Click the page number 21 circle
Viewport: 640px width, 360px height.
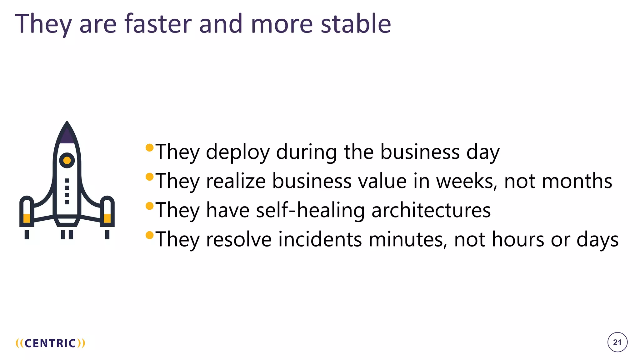[x=617, y=342]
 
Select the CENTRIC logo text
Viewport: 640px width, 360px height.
[x=50, y=343]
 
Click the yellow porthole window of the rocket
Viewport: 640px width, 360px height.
[x=67, y=160]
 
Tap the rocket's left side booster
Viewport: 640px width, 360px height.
[x=27, y=212]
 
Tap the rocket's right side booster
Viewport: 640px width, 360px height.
[x=107, y=212]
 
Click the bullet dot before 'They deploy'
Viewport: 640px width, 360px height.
[x=150, y=147]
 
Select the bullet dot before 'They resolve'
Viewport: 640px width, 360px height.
[x=150, y=235]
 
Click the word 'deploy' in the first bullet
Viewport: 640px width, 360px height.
[x=237, y=152]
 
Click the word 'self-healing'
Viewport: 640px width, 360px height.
[x=310, y=210]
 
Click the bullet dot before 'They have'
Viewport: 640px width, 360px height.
[x=150, y=206]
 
